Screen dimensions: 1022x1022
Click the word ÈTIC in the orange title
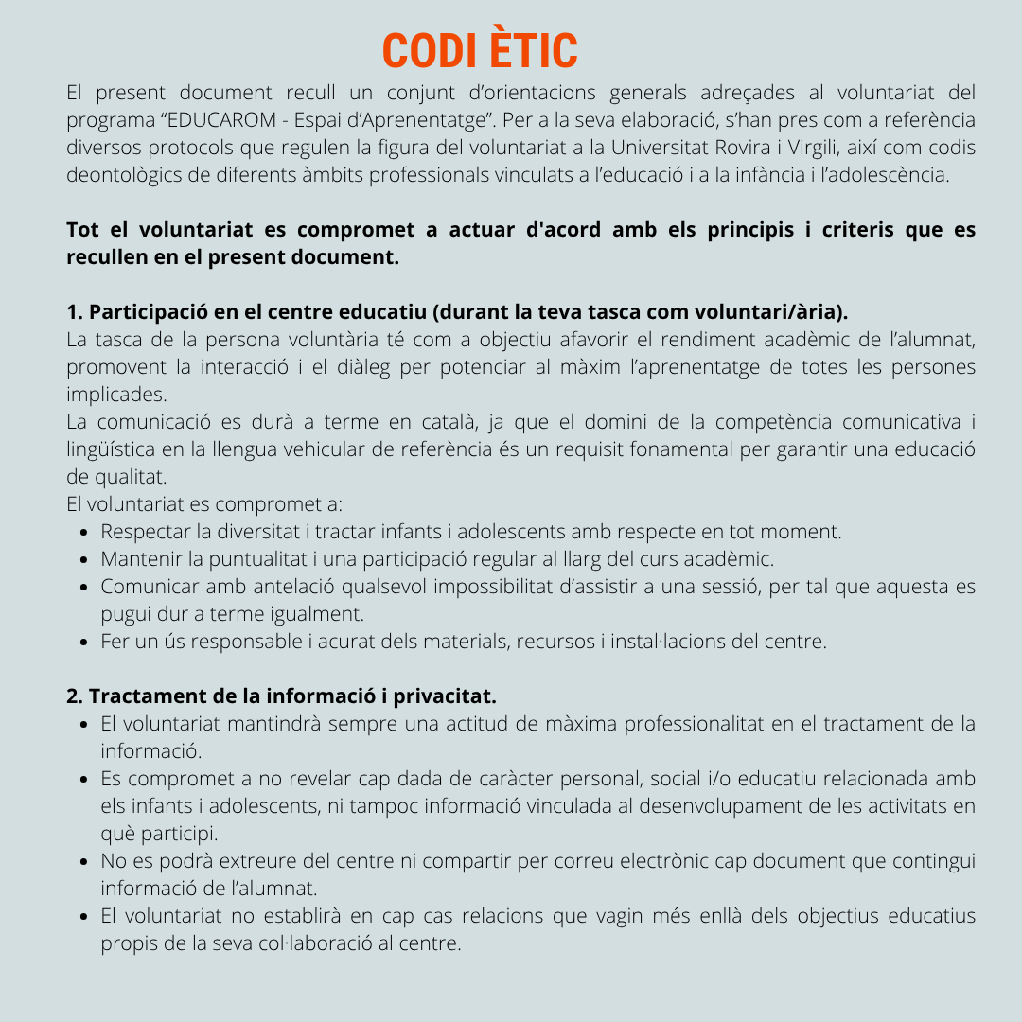(x=536, y=50)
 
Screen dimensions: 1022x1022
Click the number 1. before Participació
(x=75, y=312)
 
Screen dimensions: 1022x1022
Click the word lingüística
(x=116, y=449)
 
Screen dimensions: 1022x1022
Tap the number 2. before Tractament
(x=75, y=696)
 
